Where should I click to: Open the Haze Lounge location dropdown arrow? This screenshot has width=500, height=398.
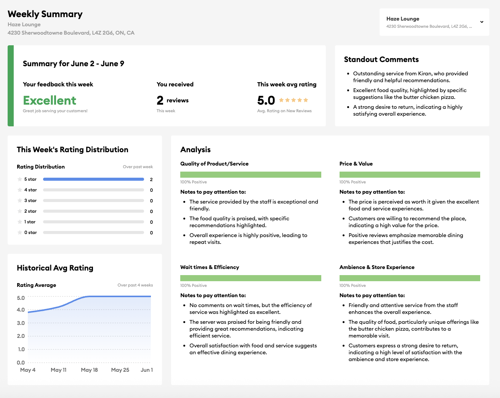click(x=482, y=22)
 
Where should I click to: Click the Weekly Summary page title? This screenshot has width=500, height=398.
click(x=45, y=14)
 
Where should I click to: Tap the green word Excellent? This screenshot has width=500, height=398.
click(x=50, y=100)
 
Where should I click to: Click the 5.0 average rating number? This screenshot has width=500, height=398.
click(x=266, y=100)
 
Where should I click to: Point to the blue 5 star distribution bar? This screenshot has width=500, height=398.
click(x=93, y=179)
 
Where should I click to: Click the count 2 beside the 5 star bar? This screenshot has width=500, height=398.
click(x=151, y=179)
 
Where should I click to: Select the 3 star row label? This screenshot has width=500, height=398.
click(x=30, y=201)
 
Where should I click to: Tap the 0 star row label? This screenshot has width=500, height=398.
click(x=30, y=232)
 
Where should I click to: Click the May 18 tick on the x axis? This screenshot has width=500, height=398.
click(x=89, y=370)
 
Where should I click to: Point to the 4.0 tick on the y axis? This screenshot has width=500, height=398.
click(x=21, y=310)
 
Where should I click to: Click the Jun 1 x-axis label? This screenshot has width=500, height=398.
click(x=147, y=370)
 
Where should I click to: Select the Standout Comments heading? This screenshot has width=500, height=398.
click(x=381, y=59)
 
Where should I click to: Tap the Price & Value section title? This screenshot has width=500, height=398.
click(x=356, y=164)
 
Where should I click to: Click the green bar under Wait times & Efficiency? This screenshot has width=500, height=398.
click(x=250, y=278)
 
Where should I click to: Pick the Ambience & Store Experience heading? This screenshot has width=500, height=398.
click(x=377, y=267)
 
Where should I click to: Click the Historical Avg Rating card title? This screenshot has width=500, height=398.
click(x=55, y=268)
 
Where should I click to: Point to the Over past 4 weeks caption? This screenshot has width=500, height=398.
click(x=135, y=285)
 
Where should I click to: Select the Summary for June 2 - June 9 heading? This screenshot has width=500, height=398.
click(x=74, y=64)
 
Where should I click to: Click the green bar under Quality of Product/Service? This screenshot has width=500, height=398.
click(x=250, y=175)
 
